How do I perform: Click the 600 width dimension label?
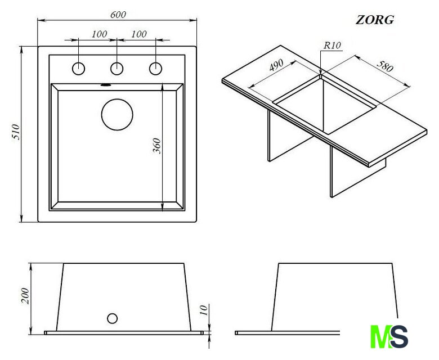118,15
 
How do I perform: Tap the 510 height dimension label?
16,132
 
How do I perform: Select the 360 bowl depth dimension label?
157,146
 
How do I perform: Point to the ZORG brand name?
375,20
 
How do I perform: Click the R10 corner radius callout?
332,46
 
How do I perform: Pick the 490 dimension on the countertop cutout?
276,65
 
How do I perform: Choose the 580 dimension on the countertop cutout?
385,66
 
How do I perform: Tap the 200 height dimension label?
25,296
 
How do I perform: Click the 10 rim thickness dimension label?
204,310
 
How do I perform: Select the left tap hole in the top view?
78,69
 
